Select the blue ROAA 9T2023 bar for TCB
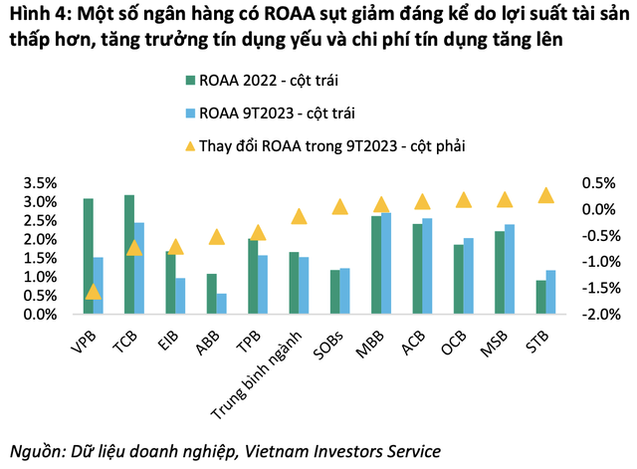pyautogui.click(x=140, y=268)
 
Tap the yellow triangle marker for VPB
pyautogui.click(x=93, y=292)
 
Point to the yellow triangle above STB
pyautogui.click(x=544, y=195)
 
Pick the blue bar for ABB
pyautogui.click(x=221, y=304)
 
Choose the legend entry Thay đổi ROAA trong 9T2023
pyautogui.click(x=328, y=145)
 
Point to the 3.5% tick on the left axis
pyautogui.click(x=39, y=183)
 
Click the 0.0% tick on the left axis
pyautogui.click(x=39, y=315)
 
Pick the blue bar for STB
pyautogui.click(x=549, y=292)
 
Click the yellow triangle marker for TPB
pyautogui.click(x=258, y=233)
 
